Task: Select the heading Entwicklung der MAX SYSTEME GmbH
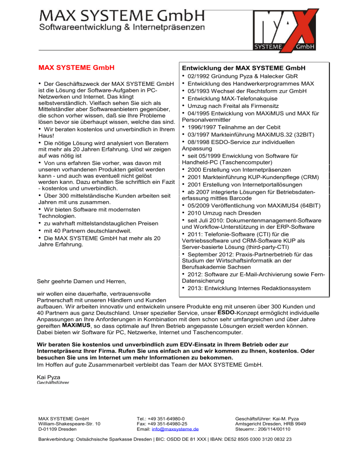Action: coord(243,68)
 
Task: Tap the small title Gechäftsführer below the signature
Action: coord(52,383)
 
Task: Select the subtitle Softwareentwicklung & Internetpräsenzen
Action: coord(121,28)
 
